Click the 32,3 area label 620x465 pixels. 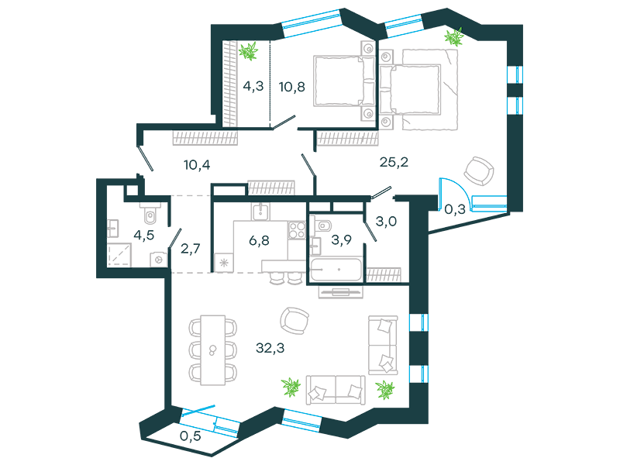coord(270,348)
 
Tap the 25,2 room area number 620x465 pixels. coord(394,162)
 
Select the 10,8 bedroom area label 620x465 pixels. coord(292,87)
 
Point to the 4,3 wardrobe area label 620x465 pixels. coord(253,86)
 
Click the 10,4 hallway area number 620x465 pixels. coord(197,164)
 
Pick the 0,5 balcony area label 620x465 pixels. coord(190,436)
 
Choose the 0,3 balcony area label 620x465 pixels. coord(455,209)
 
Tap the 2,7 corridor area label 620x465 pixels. coord(190,248)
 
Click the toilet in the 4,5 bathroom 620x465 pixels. coord(150,212)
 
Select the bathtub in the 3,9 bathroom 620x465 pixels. coord(336,270)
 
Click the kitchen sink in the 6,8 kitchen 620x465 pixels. coord(260,211)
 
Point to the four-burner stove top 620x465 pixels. coord(297,230)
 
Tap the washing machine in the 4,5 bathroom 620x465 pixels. coord(159,260)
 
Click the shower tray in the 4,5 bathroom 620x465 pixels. coord(119,254)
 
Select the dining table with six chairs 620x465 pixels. coord(212,350)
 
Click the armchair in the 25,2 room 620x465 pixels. coord(479,171)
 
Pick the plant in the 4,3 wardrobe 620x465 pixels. coord(248,51)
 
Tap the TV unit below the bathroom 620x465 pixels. coord(340,292)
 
